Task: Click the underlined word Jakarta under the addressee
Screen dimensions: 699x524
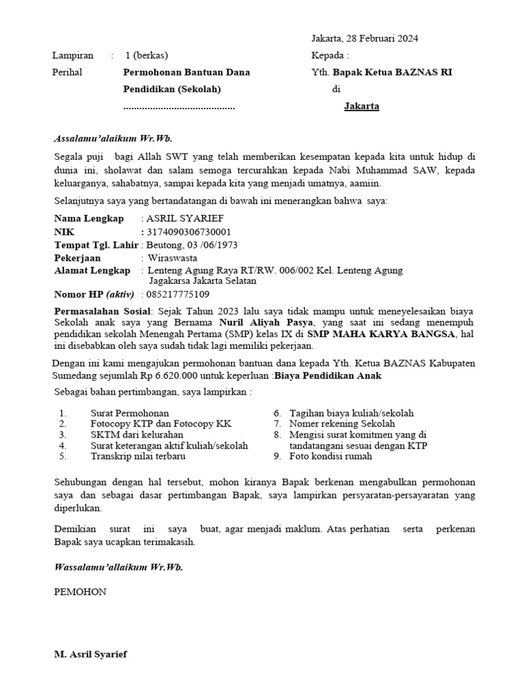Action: [x=362, y=106]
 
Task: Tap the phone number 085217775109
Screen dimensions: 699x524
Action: [x=178, y=295]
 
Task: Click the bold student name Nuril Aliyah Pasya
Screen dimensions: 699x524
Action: [x=266, y=321]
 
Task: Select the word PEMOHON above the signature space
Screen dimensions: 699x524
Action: [x=80, y=592]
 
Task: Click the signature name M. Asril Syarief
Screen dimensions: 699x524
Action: [x=90, y=654]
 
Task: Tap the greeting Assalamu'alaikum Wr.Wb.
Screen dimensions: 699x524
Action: [x=108, y=138]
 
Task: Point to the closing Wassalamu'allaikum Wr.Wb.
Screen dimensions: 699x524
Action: [x=118, y=567]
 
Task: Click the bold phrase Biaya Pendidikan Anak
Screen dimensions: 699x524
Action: [x=327, y=375]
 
